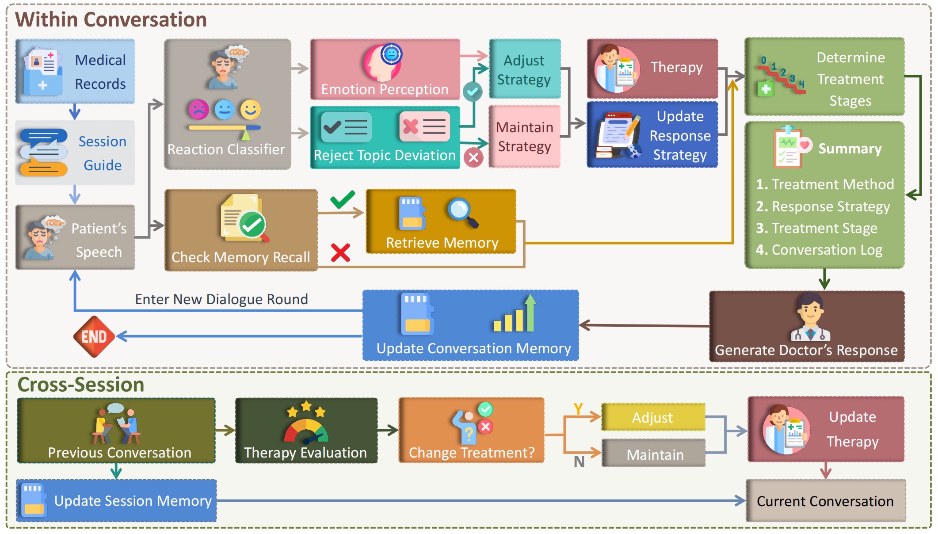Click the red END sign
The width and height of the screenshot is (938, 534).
coord(94,336)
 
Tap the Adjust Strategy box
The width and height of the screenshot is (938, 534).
coord(524,69)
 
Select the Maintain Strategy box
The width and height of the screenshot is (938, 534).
coord(524,137)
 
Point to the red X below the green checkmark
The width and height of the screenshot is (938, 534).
coord(340,253)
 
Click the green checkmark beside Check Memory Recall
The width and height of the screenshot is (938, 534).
coord(343,199)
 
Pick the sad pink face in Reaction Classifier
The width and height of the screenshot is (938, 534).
coord(198,110)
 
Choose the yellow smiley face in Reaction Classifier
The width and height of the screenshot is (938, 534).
coord(251,110)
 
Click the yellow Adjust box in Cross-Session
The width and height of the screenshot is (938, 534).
coord(653,417)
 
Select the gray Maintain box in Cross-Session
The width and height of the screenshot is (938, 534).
coord(653,454)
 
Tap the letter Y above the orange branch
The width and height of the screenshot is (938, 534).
coord(578,409)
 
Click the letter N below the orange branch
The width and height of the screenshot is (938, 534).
coord(579,462)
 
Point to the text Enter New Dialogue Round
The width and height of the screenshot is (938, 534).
coord(221,299)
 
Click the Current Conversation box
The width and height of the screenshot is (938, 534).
coord(825,501)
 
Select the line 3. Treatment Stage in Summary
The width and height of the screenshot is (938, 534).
coord(816,228)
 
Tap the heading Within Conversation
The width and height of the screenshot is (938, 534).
coord(111,20)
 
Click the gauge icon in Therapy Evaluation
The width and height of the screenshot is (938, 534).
coord(306,431)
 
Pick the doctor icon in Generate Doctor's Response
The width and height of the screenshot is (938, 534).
coord(810,317)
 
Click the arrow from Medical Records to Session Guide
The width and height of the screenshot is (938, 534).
coord(75,112)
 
